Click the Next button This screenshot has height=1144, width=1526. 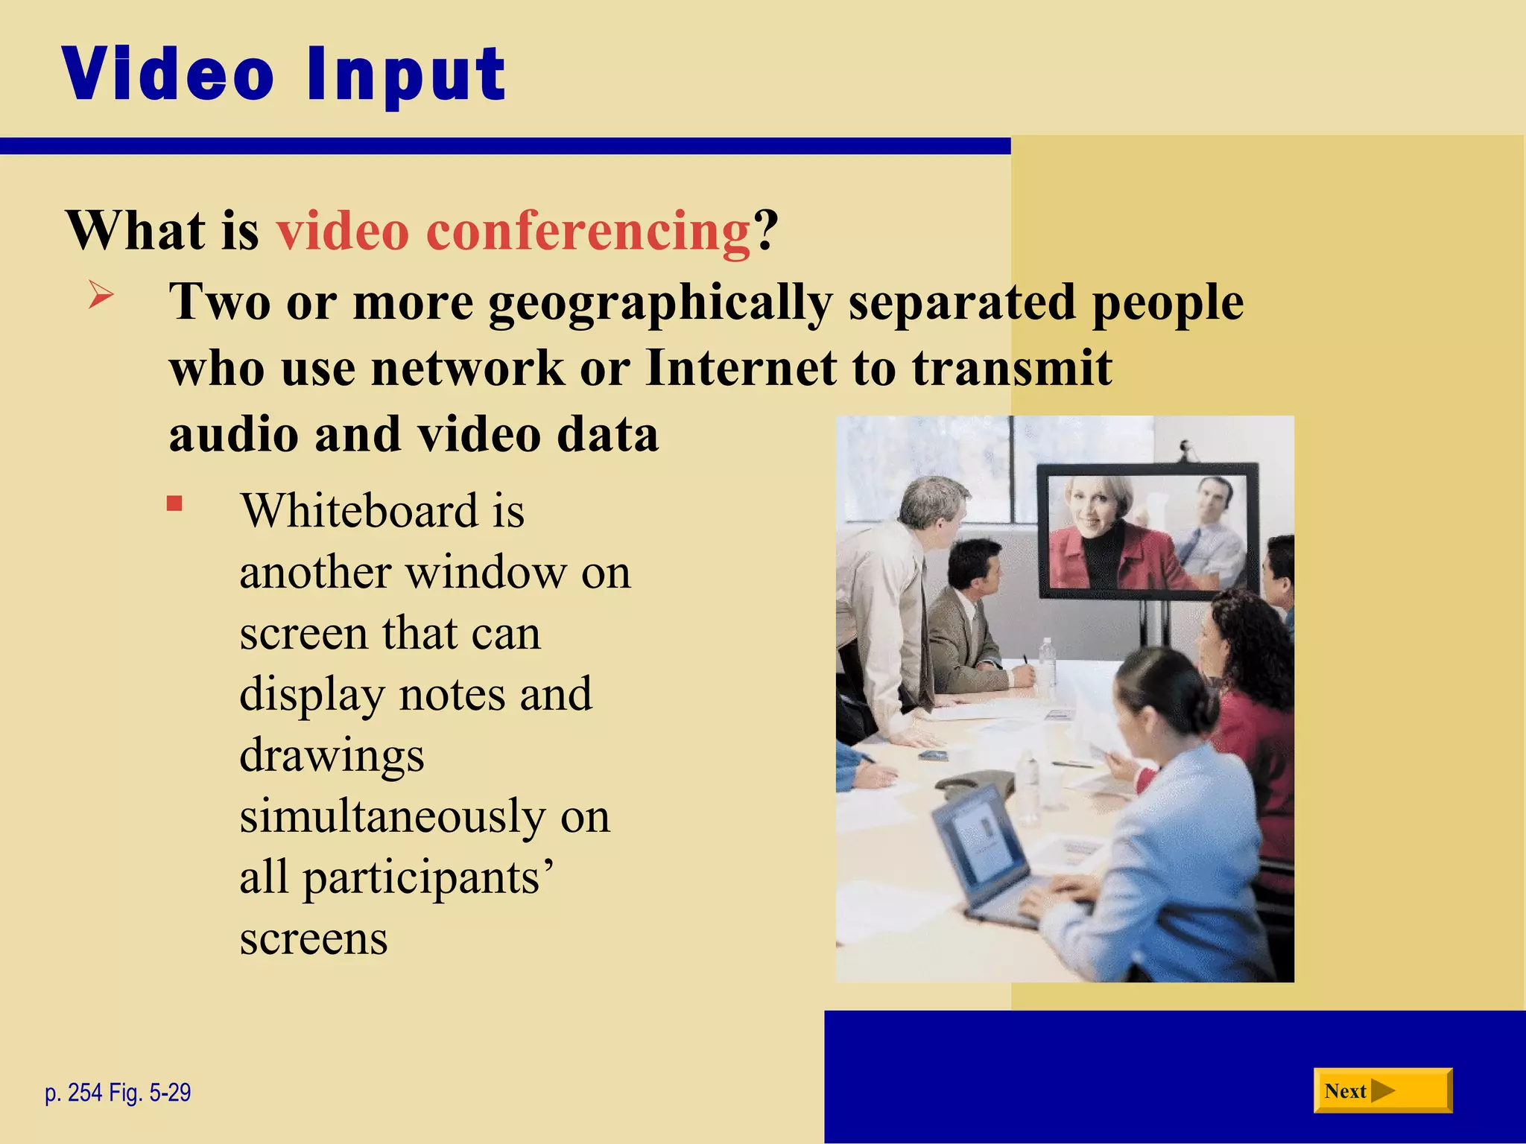(1381, 1091)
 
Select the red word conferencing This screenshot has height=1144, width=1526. (588, 231)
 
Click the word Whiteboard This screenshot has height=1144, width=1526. (358, 512)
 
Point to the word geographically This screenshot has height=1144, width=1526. (660, 304)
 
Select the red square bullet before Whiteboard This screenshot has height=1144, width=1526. (174, 504)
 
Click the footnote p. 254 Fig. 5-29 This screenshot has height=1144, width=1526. (118, 1093)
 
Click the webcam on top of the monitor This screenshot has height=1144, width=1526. (1186, 449)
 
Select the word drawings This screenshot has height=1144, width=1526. (332, 755)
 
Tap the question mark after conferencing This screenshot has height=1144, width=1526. (765, 231)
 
